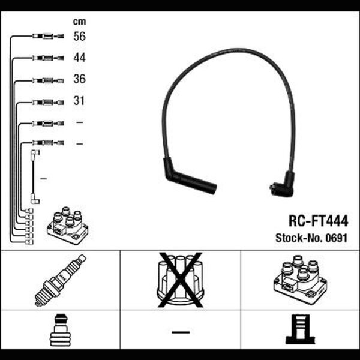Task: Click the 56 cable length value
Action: pos(79,36)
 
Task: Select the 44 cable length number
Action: pos(79,58)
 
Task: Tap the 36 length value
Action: pos(79,79)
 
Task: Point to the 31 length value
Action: pos(79,101)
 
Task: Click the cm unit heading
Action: pos(79,22)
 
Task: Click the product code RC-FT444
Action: pos(318,221)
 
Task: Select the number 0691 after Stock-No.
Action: pos(337,238)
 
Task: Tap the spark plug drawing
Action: pos(61,280)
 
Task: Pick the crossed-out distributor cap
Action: pos(181,280)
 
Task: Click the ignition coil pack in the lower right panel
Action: pos(301,280)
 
